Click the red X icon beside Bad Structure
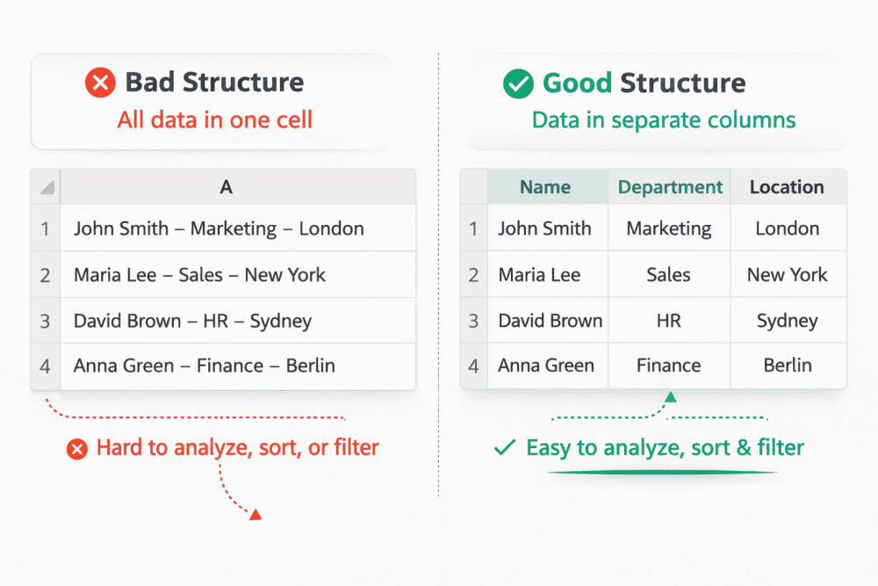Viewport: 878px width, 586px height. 100,83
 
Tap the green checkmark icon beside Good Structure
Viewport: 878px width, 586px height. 518,83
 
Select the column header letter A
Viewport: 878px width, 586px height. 226,187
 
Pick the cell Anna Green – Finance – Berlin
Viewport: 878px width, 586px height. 205,365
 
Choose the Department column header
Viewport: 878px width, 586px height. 670,187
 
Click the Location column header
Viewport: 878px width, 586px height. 787,187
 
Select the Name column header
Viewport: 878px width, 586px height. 545,187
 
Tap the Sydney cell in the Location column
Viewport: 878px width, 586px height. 787,321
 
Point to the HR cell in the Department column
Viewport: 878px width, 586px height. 669,321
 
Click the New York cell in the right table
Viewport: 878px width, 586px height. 787,275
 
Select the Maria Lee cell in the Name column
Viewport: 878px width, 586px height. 539,275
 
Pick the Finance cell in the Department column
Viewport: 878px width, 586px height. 669,365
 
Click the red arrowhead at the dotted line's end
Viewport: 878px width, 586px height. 255,514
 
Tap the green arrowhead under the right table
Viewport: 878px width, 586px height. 671,398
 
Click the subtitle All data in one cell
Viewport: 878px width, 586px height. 215,119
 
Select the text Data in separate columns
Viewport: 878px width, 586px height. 664,119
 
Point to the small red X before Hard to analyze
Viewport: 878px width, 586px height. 77,449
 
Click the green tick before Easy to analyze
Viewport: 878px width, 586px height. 504,448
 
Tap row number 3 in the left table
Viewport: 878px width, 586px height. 45,321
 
